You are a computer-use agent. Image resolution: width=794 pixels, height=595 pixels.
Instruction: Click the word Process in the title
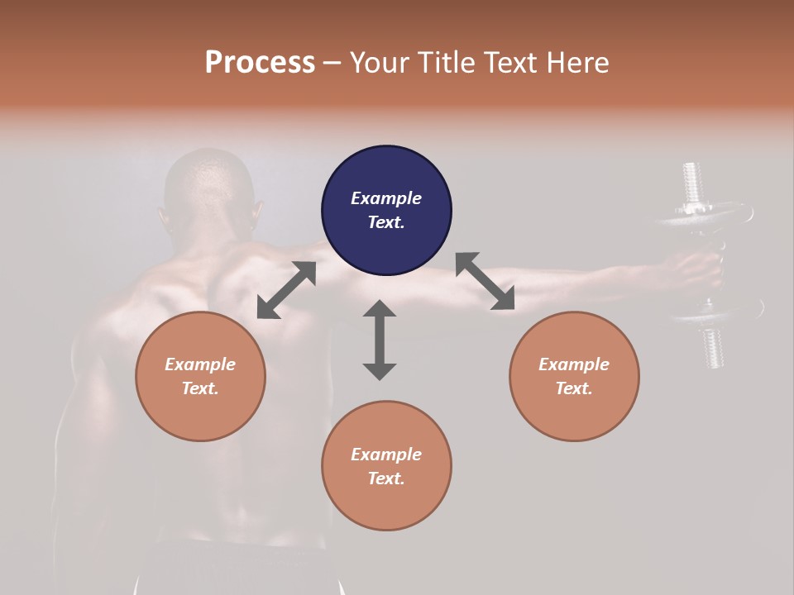coord(260,63)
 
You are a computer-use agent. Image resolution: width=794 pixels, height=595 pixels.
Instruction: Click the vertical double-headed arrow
coord(380,340)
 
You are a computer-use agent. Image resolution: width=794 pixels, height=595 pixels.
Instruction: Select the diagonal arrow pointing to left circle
coord(286,290)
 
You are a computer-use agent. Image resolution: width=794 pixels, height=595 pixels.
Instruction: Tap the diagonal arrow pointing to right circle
coord(485,281)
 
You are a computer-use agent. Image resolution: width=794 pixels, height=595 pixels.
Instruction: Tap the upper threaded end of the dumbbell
coord(693,182)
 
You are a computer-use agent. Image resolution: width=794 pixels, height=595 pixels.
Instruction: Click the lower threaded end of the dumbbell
coord(713,347)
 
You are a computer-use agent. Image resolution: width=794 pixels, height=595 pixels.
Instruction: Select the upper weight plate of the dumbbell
coord(703,217)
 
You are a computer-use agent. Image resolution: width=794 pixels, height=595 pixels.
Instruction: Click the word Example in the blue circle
coord(386,198)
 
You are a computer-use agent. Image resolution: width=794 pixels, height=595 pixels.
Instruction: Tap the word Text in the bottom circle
coord(386,478)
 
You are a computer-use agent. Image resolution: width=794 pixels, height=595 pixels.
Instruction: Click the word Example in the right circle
coord(574,364)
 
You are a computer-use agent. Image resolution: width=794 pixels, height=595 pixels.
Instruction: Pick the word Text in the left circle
coord(200,388)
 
